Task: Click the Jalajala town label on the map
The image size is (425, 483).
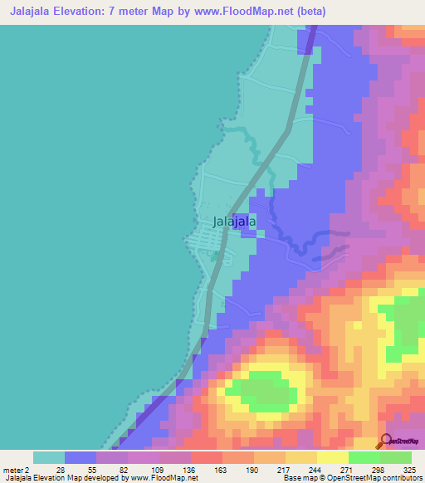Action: [234, 222]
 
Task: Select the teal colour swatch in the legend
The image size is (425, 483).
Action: [49, 457]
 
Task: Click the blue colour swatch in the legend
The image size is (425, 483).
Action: [81, 457]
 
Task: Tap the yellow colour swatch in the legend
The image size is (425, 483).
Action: [333, 457]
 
